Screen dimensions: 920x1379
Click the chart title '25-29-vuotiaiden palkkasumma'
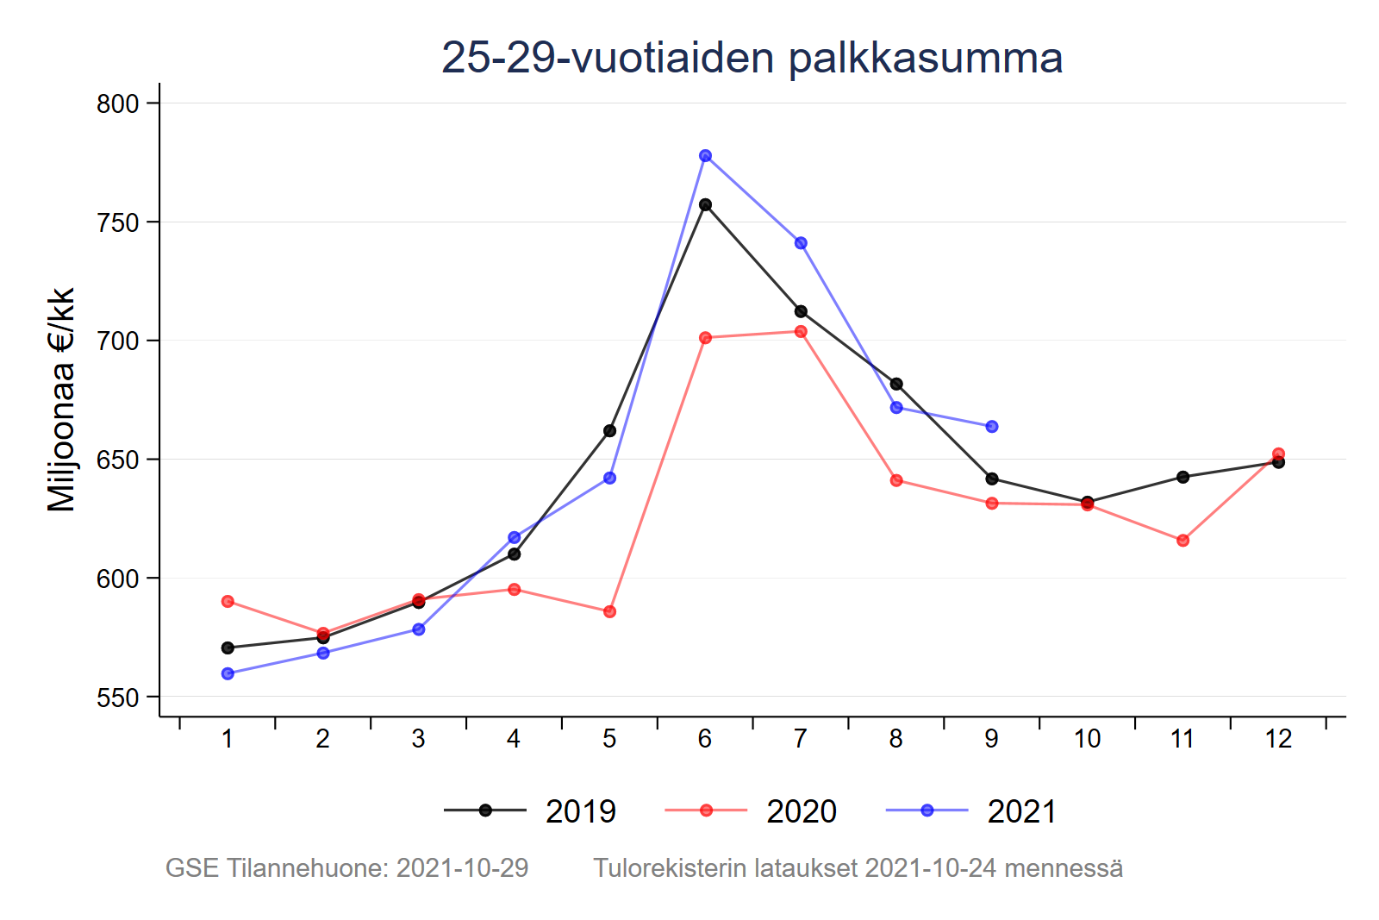[x=752, y=59]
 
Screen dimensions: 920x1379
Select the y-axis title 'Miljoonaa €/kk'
[x=61, y=400]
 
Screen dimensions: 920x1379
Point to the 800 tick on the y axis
[x=118, y=103]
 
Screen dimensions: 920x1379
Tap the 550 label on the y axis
[x=118, y=698]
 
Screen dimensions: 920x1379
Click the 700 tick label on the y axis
[x=118, y=341]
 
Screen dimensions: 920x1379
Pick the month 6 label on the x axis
[x=705, y=739]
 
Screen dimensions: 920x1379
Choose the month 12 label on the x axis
[x=1278, y=739]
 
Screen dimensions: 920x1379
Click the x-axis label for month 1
[x=228, y=739]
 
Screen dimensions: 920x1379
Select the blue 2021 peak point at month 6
[x=705, y=156]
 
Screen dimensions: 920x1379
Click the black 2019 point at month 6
[x=705, y=205]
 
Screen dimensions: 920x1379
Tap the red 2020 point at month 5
[x=609, y=612]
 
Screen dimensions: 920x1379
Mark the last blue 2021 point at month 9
[x=992, y=427]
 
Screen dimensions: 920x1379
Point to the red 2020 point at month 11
[x=1182, y=541]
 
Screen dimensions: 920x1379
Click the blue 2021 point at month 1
[x=228, y=674]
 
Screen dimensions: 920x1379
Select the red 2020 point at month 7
[x=801, y=332]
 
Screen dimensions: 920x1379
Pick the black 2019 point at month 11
[x=1182, y=477]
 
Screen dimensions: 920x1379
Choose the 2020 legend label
[x=801, y=811]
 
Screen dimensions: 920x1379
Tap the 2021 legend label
[x=1021, y=811]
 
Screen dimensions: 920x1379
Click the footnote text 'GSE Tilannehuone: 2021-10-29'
[x=346, y=868]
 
